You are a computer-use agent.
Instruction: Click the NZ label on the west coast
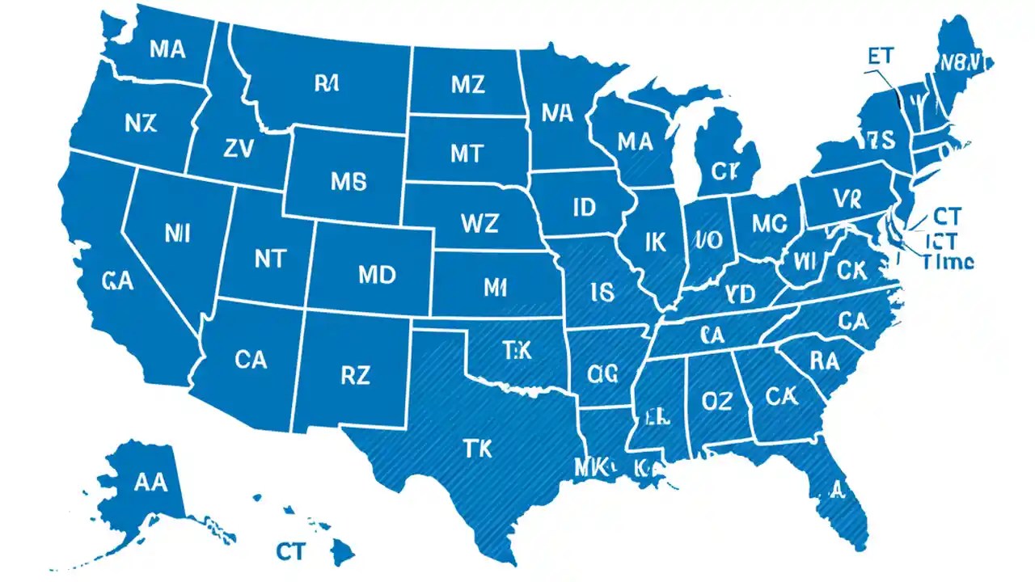point(142,123)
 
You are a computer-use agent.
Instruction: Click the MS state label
point(349,182)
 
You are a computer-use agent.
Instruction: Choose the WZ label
point(479,222)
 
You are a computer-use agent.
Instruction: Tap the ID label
point(584,207)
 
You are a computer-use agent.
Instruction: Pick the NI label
point(176,234)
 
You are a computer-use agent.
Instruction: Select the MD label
point(376,274)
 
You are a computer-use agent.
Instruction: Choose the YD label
point(739,292)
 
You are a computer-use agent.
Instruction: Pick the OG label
point(602,373)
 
